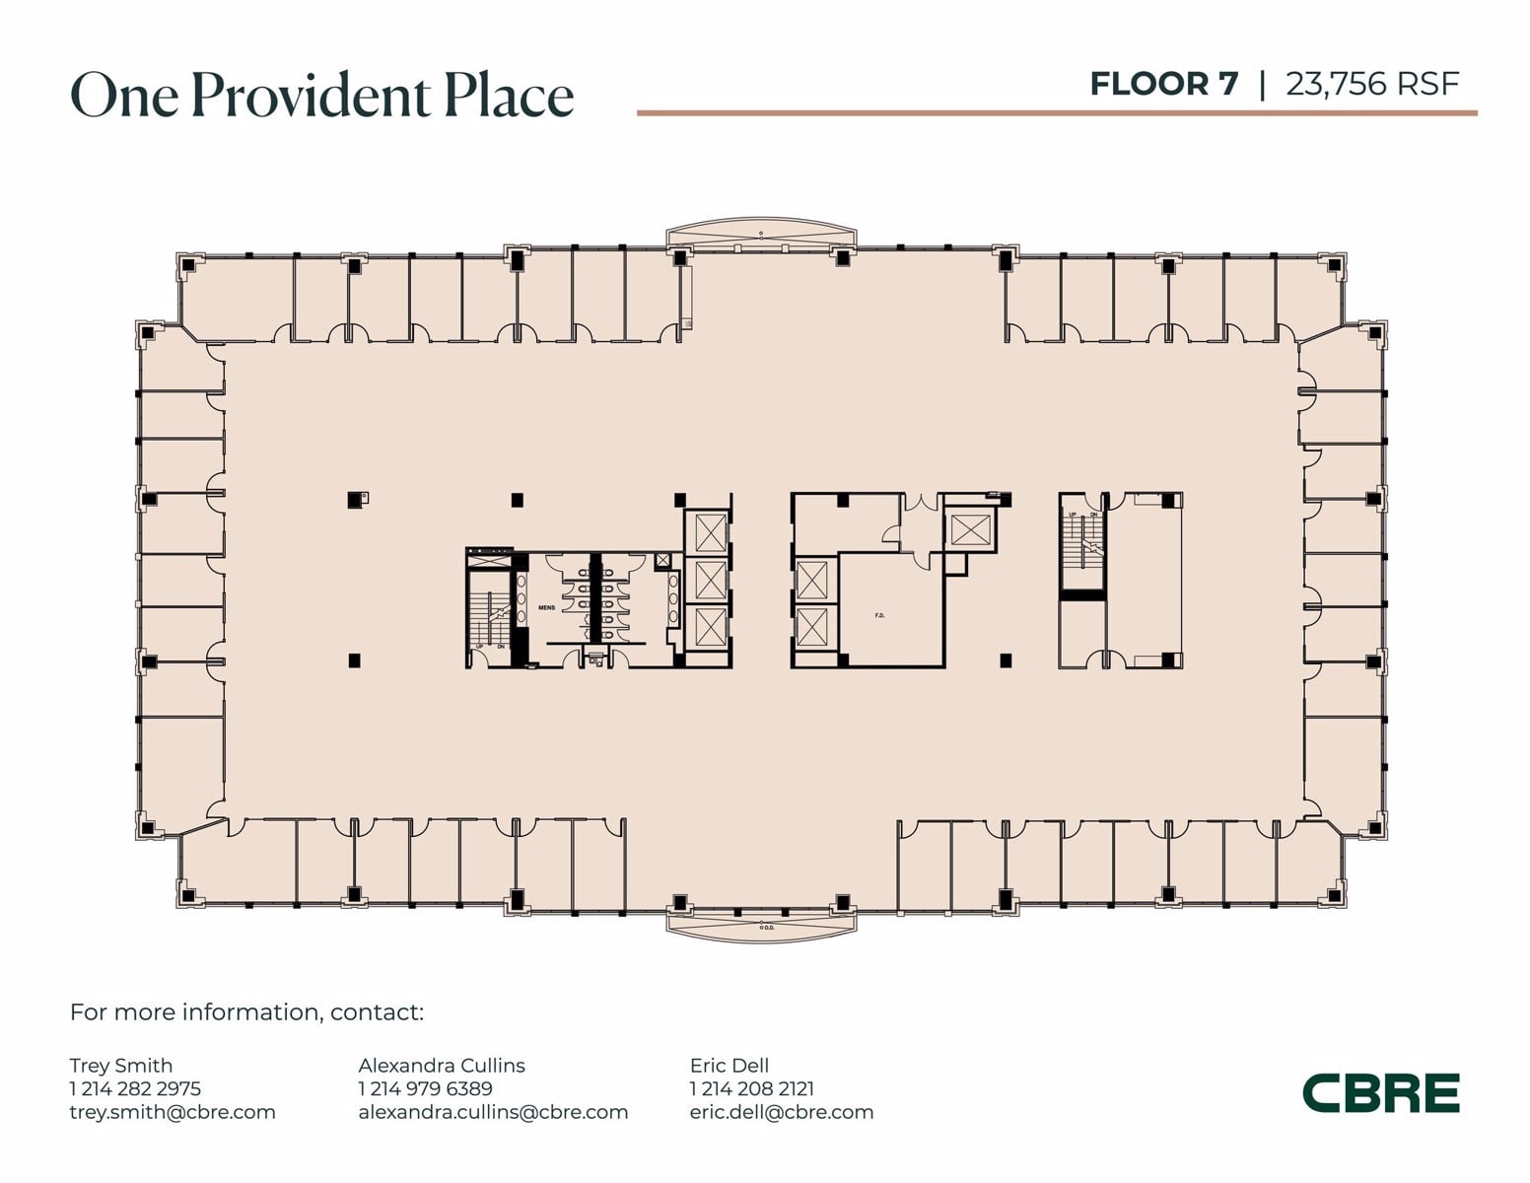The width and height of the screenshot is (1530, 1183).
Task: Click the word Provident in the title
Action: point(310,96)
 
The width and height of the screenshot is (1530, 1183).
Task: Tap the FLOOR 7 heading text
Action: point(1163,84)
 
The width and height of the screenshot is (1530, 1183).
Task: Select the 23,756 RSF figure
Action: point(1371,84)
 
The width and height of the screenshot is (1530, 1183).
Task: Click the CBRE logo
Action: point(1380,1093)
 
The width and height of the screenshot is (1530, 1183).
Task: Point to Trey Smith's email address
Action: point(173,1112)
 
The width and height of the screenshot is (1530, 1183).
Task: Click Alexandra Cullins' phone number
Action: point(425,1088)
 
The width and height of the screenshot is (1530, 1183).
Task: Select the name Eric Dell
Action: point(729,1065)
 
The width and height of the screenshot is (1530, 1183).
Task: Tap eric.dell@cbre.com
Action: point(781,1112)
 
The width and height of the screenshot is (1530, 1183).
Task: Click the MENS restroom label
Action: point(546,608)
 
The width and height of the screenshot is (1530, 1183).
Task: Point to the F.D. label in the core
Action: point(879,615)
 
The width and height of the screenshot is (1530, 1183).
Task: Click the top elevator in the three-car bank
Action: point(710,532)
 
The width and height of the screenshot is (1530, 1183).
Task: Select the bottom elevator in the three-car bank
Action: point(710,627)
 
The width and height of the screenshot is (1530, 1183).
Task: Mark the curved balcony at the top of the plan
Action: point(761,237)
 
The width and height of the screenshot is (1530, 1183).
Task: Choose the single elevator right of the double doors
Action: point(969,530)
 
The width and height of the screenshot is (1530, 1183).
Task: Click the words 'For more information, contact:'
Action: point(246,1012)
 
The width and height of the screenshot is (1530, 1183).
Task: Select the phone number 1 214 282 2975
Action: point(135,1088)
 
